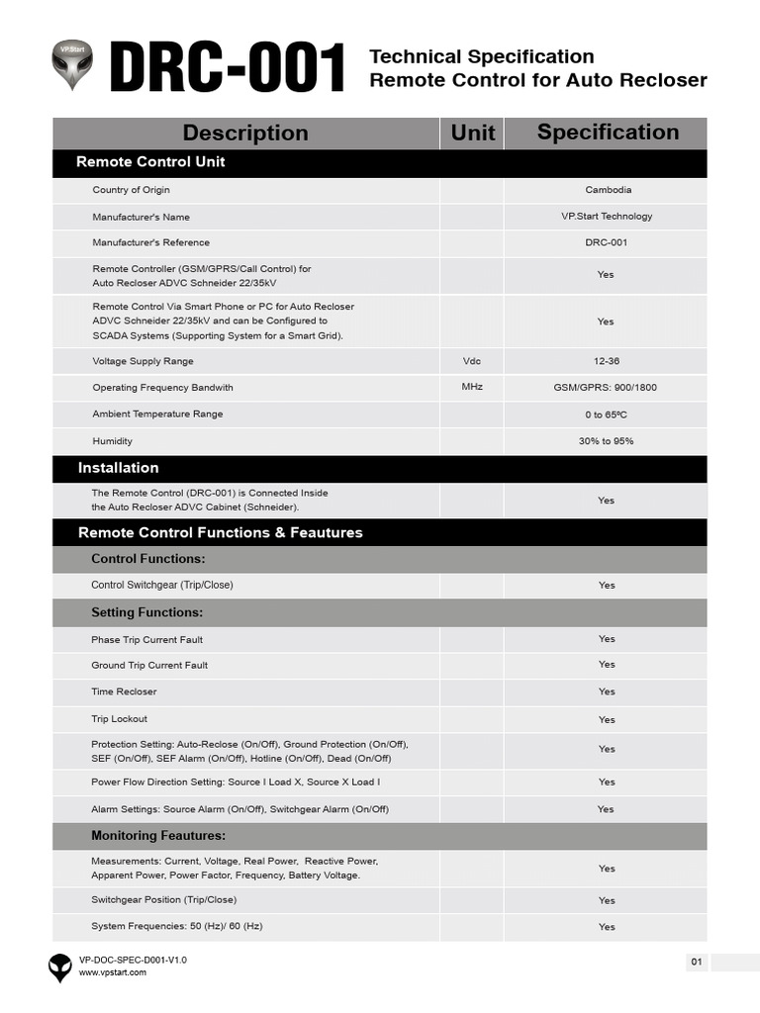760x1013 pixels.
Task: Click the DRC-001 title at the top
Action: coord(228,69)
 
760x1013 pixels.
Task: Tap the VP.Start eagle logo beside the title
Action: coord(71,65)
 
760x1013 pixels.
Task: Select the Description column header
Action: coord(245,133)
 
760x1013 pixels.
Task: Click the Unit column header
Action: coord(472,133)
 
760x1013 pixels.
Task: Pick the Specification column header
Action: coord(608,133)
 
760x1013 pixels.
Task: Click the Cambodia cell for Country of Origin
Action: coord(608,190)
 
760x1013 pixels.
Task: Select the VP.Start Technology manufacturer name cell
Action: coord(607,217)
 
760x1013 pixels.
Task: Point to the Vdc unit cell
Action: coord(472,361)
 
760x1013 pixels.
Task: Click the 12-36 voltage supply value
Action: coord(607,361)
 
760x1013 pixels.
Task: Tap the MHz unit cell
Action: coord(472,387)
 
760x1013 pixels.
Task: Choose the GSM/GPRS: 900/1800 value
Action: coord(607,388)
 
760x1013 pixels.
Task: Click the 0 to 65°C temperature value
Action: coord(607,414)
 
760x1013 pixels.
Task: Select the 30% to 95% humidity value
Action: coord(607,441)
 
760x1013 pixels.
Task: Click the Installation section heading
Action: coord(119,468)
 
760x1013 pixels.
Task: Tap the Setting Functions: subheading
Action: coord(146,612)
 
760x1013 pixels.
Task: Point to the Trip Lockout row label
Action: coord(119,719)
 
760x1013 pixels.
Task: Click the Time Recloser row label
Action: coord(124,691)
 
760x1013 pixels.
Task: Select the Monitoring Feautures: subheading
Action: coord(158,836)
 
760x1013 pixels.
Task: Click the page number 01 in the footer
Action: coord(697,962)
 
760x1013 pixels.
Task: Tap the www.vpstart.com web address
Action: coord(113,972)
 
